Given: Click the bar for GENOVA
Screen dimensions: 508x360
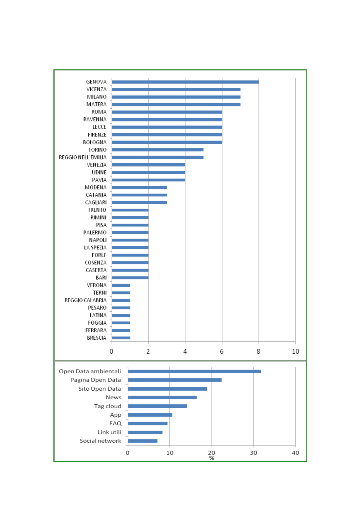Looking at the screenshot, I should point(185,82).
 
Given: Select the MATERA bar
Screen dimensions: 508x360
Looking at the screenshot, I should point(176,104).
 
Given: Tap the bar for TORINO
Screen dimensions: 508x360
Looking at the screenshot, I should point(157,149).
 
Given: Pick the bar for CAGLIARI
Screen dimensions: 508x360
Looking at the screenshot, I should point(139,202).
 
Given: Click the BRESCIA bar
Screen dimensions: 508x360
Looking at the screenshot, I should point(121,338).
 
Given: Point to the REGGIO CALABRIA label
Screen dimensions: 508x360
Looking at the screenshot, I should point(85,300).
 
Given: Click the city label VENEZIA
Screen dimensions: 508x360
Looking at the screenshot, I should point(97,165).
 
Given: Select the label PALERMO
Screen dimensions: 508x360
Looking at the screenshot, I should point(95,232).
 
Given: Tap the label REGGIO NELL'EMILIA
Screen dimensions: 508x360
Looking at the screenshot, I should point(82,157).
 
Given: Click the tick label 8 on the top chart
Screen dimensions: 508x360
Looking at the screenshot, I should point(258,351).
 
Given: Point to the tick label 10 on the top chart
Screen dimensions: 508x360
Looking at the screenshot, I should point(295,351).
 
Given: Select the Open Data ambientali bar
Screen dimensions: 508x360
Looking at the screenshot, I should point(194,371).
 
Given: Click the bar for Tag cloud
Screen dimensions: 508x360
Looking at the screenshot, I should point(157,406).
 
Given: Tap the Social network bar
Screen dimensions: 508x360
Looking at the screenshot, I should point(143,441).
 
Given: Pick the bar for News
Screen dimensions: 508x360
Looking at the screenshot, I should point(162,397).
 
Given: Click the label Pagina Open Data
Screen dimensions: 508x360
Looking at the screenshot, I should point(95,380).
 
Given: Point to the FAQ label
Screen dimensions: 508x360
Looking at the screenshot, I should point(115,423).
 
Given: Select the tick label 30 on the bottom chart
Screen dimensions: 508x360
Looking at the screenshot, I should point(253,453).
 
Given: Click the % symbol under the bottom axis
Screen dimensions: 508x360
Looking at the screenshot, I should point(212,458).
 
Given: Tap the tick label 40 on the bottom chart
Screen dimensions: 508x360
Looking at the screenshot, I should point(295,453).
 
